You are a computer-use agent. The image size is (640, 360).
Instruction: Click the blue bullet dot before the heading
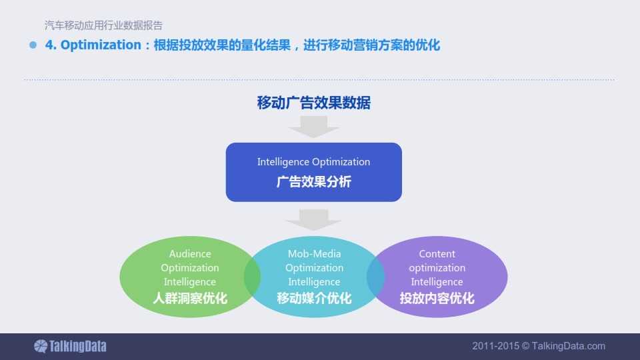(x=33, y=45)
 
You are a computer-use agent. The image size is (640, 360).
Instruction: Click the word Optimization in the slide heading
(x=101, y=45)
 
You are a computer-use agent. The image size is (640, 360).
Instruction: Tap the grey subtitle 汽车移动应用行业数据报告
(x=104, y=25)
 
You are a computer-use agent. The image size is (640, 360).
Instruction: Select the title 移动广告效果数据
(x=314, y=103)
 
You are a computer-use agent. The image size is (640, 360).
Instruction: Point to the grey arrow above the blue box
(x=313, y=127)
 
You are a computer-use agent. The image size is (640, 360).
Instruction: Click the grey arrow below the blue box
(x=313, y=219)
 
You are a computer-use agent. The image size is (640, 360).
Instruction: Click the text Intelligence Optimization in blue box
(x=313, y=161)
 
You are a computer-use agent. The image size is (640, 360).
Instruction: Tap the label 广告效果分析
(x=314, y=181)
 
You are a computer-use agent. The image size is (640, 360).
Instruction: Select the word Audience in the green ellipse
(x=190, y=253)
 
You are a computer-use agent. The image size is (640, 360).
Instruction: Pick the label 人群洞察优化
(x=190, y=299)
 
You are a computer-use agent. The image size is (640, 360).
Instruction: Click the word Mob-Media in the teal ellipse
(x=314, y=253)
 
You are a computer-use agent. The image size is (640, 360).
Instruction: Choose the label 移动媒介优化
(x=314, y=299)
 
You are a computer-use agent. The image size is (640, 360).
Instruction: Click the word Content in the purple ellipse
(x=437, y=253)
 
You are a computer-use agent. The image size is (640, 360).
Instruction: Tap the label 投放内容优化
(x=437, y=299)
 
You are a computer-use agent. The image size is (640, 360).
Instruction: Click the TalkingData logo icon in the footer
(x=41, y=346)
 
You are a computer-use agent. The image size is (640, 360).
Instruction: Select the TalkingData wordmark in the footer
(x=77, y=346)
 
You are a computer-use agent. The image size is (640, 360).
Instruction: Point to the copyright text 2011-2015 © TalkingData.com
(x=539, y=346)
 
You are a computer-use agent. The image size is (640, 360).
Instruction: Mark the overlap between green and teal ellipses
(x=252, y=277)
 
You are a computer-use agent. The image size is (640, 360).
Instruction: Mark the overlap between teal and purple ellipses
(x=375, y=277)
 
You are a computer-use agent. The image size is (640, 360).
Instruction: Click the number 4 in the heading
(x=49, y=45)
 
